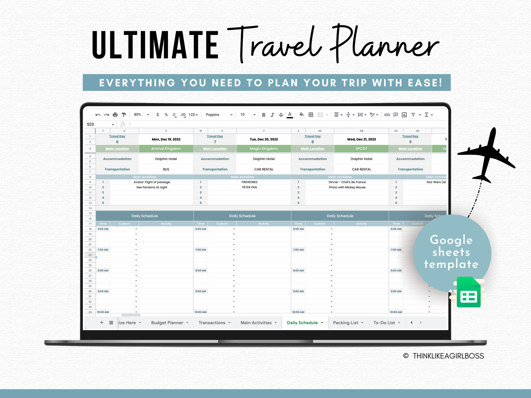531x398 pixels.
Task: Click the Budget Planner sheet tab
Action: pos(167,323)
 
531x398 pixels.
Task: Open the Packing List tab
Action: pos(345,323)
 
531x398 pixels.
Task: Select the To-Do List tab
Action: pos(384,323)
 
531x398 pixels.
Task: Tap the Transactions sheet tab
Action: pos(212,323)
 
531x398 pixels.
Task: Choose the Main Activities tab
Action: pos(256,323)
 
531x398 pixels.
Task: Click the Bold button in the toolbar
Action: pos(263,115)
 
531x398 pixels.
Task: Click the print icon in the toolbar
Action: pos(115,115)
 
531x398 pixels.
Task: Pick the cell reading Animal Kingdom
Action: pos(166,149)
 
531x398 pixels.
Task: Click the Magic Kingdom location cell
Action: pos(264,149)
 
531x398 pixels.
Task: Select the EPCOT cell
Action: pos(361,149)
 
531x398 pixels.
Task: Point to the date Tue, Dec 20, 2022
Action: pos(264,140)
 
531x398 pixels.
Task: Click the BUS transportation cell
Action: pos(166,169)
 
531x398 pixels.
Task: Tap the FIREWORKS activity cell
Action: pos(250,182)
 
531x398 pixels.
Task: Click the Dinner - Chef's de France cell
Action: pos(347,182)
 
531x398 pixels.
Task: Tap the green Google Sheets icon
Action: pos(469,293)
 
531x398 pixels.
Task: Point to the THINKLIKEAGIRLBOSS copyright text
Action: pos(448,356)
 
